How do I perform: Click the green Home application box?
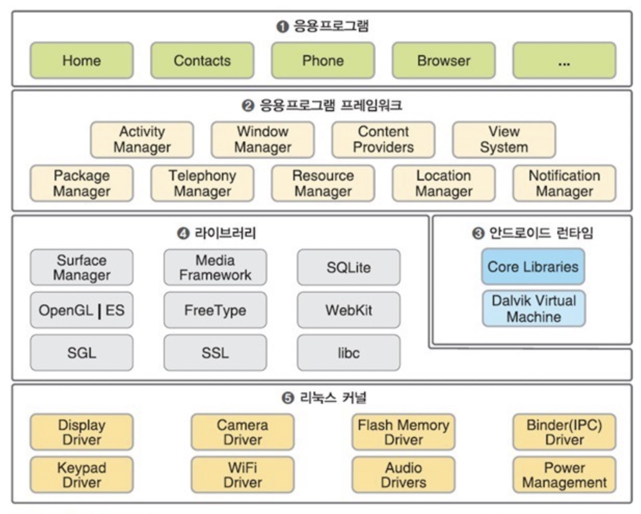pos(82,60)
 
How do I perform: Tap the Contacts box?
pos(202,60)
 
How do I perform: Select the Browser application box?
pos(444,60)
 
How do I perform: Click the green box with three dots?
pos(565,60)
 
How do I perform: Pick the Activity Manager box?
pos(142,140)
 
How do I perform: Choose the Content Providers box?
pos(383,140)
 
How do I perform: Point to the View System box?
pos(504,140)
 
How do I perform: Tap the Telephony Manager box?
pos(202,183)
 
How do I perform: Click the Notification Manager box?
pos(565,183)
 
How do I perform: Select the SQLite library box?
pos(349,267)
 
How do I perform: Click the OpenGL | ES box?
pos(82,310)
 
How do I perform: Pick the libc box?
pos(349,353)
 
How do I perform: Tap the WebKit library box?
pos(349,310)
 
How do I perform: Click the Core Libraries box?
pos(533,266)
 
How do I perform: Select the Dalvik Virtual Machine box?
pos(534,308)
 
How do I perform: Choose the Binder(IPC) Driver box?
pos(565,432)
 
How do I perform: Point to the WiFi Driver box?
pos(243,475)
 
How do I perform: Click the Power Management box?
pos(565,475)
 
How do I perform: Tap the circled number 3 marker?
pos(478,234)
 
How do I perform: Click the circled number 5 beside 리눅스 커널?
pos(288,398)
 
